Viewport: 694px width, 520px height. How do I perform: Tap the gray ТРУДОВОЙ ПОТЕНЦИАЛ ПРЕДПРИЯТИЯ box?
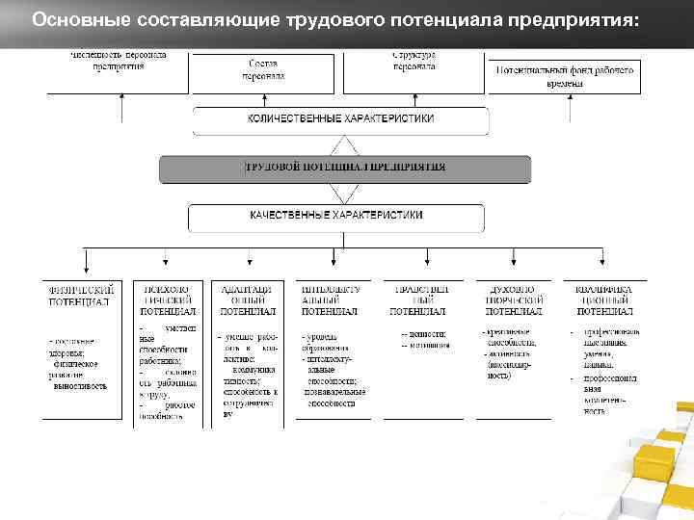pyautogui.click(x=345, y=168)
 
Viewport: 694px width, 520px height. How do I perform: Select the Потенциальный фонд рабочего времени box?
pyautogui.click(x=566, y=77)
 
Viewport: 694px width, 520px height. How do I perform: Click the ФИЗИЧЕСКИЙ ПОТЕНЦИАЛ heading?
pyautogui.click(x=84, y=295)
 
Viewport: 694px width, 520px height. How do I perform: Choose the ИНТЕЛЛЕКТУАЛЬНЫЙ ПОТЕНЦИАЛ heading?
pyautogui.click(x=330, y=299)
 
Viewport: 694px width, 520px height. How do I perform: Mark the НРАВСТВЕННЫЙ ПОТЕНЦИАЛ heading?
pyautogui.click(x=418, y=299)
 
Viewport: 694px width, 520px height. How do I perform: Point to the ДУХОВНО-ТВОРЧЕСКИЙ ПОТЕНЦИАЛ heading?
pyautogui.click(x=512, y=299)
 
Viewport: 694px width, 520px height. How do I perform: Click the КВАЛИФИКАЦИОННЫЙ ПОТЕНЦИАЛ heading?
pyautogui.click(x=605, y=299)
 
